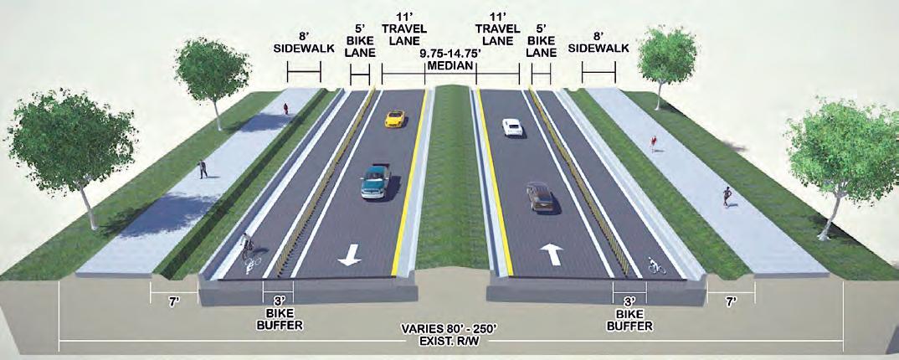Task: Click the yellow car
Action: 394,119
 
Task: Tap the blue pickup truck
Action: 376,181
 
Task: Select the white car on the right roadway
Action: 511,127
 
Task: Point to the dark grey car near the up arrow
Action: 540,197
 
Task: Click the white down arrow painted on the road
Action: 349,256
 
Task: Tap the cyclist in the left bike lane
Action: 249,250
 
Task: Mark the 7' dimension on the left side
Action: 173,300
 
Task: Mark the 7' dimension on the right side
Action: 730,300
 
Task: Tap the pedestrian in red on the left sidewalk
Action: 285,108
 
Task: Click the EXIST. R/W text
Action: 449,343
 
